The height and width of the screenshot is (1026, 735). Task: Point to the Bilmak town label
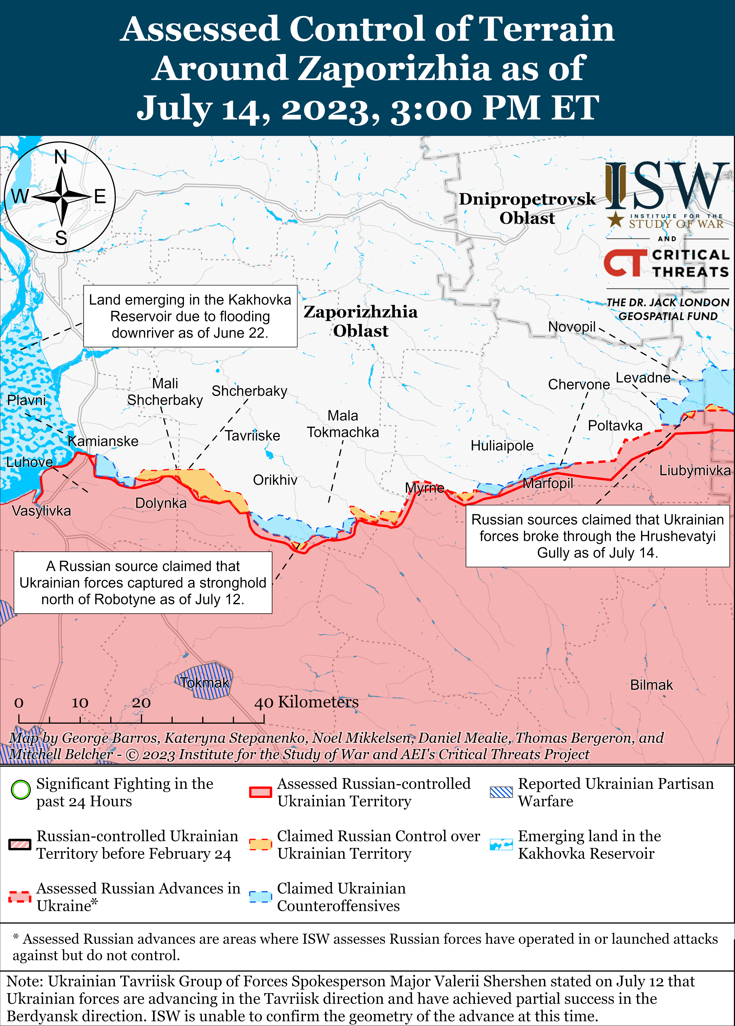coord(651,685)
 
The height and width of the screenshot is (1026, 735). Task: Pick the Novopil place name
coord(572,327)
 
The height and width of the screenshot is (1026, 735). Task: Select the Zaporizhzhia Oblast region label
coord(360,321)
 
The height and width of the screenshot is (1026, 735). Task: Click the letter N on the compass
coord(61,157)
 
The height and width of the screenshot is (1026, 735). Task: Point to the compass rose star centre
coord(62,197)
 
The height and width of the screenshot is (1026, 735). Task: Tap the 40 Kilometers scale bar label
coord(306,702)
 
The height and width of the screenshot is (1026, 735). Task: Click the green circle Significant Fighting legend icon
coord(20,790)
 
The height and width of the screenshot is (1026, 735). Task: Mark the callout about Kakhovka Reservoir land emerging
coord(190,316)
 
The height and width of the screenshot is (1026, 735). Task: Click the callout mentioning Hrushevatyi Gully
coord(597,536)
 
